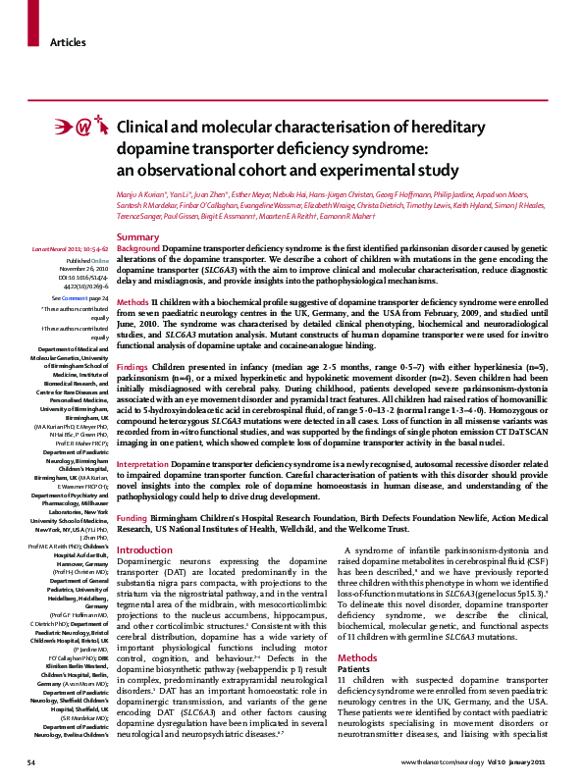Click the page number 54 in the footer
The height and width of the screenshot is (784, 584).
tap(31, 761)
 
